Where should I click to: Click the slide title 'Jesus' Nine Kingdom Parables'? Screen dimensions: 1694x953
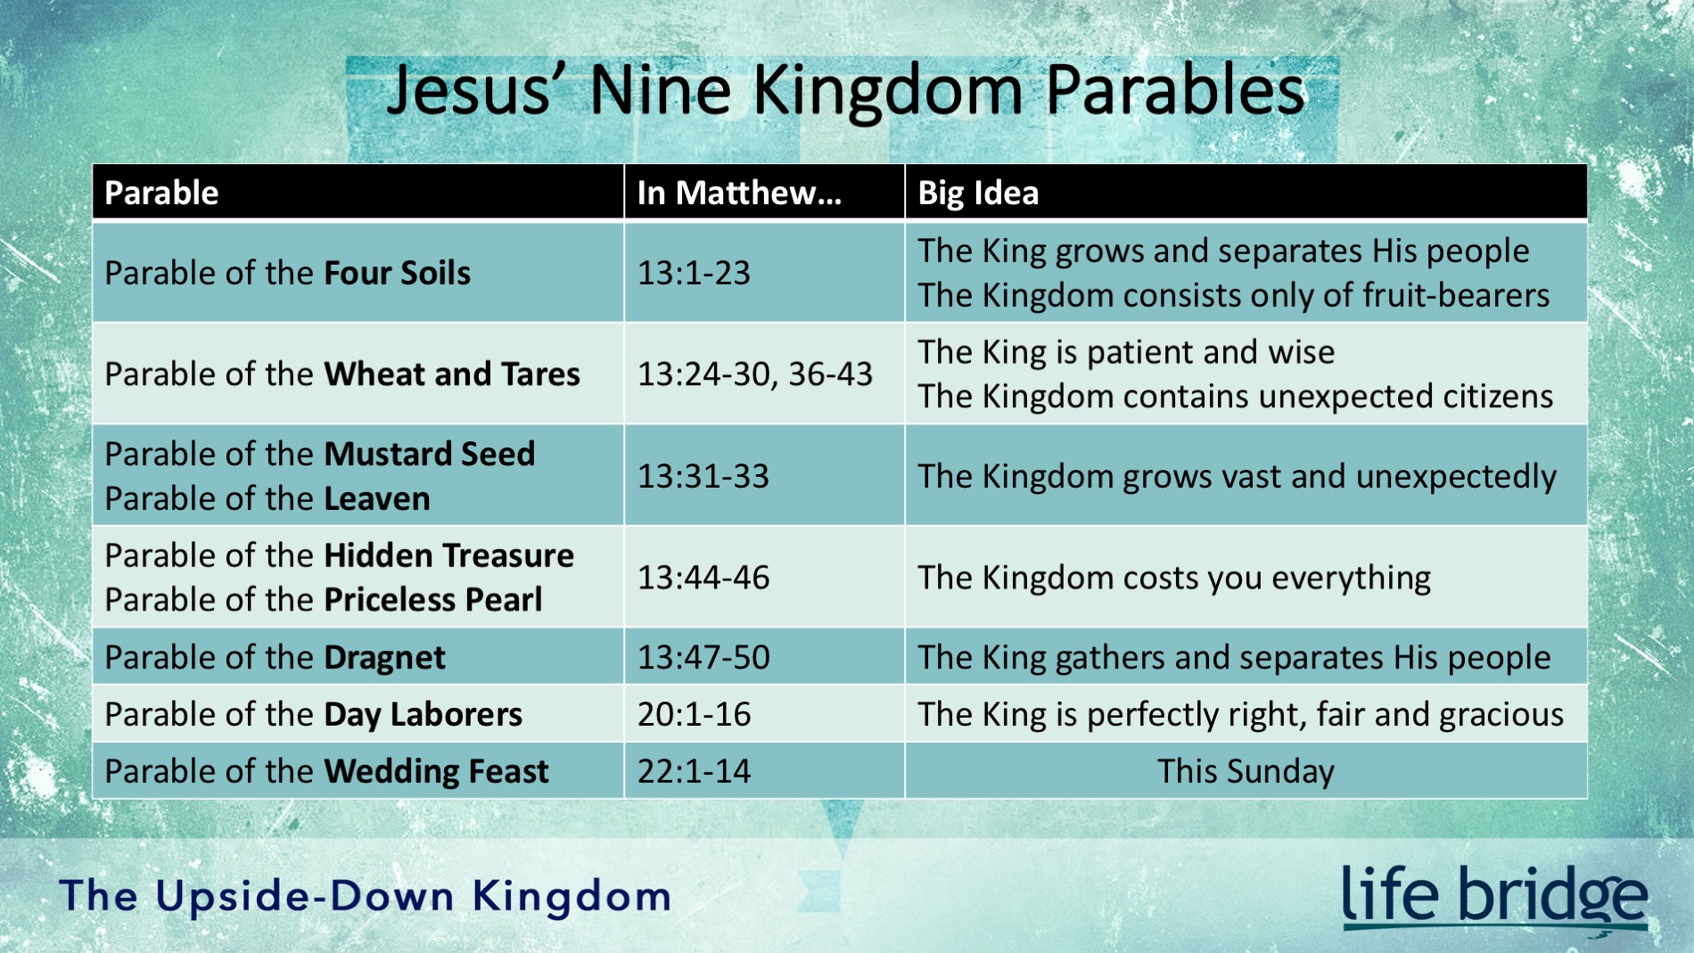click(x=845, y=91)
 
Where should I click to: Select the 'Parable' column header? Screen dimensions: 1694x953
click(x=161, y=193)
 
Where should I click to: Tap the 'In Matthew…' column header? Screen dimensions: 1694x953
click(x=739, y=193)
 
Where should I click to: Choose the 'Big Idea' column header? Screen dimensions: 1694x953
click(x=978, y=193)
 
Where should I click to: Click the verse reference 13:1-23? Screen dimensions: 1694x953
click(x=694, y=273)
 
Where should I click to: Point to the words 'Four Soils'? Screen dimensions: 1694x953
click(x=397, y=273)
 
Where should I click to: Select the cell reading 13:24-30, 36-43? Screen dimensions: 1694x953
click(x=754, y=374)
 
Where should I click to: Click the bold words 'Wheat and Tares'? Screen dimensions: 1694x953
click(x=452, y=374)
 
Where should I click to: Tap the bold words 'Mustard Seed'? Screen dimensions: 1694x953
click(x=429, y=454)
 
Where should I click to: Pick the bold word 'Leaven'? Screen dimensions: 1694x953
click(x=376, y=498)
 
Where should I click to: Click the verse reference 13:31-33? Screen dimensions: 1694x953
click(x=703, y=476)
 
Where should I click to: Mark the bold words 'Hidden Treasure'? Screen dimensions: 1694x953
click(x=448, y=555)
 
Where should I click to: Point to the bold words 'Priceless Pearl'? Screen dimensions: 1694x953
click(x=432, y=600)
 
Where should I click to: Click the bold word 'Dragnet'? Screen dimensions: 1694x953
click(x=384, y=658)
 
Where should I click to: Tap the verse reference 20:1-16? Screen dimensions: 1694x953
click(x=694, y=714)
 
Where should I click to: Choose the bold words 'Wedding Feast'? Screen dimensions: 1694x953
click(x=436, y=771)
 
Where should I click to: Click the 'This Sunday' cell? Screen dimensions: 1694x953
click(x=1246, y=771)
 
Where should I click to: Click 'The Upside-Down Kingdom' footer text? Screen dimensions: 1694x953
click(x=366, y=896)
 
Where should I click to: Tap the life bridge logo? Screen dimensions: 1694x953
click(x=1494, y=897)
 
